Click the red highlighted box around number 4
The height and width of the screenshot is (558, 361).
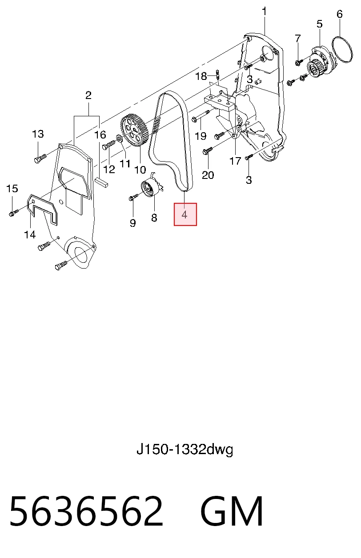[185, 214]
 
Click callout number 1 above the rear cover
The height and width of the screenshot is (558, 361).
[264, 12]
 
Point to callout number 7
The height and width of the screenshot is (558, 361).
[298, 39]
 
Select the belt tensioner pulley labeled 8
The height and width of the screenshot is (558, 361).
[151, 188]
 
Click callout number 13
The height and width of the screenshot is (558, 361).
[38, 134]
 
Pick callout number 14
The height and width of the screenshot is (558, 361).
[30, 234]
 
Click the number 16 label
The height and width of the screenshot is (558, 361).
[100, 135]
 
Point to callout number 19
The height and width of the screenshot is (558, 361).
[201, 136]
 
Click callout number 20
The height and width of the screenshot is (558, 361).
[208, 175]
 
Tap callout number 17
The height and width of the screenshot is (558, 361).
[235, 161]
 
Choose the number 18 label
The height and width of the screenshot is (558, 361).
[201, 76]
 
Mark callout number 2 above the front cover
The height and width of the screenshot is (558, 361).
[88, 95]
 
